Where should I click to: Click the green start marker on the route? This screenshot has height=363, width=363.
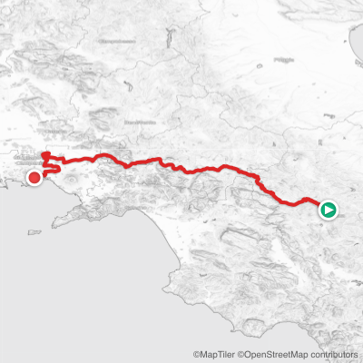[329, 211]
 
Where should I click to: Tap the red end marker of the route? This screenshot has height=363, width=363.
[34, 178]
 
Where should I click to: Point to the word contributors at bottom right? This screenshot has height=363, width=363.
[335, 355]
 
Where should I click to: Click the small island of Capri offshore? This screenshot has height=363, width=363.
[37, 234]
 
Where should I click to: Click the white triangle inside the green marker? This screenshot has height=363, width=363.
[329, 211]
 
